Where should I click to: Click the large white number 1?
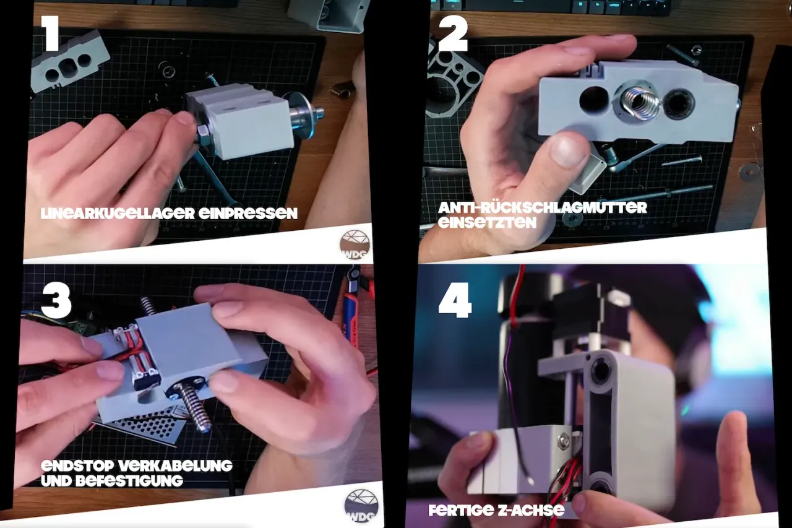click(x=51, y=33)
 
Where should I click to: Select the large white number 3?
click(x=56, y=301)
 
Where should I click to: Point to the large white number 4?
click(x=455, y=300)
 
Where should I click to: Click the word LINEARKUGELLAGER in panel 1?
click(x=118, y=214)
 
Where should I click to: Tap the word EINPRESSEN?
click(x=248, y=214)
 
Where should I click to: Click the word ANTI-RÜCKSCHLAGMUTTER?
click(x=543, y=207)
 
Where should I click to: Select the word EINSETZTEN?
click(x=487, y=223)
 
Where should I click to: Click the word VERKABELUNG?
click(x=175, y=465)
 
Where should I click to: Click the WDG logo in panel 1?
click(x=355, y=245)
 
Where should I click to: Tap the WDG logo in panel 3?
click(x=361, y=506)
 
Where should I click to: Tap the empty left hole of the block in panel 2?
click(x=595, y=98)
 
